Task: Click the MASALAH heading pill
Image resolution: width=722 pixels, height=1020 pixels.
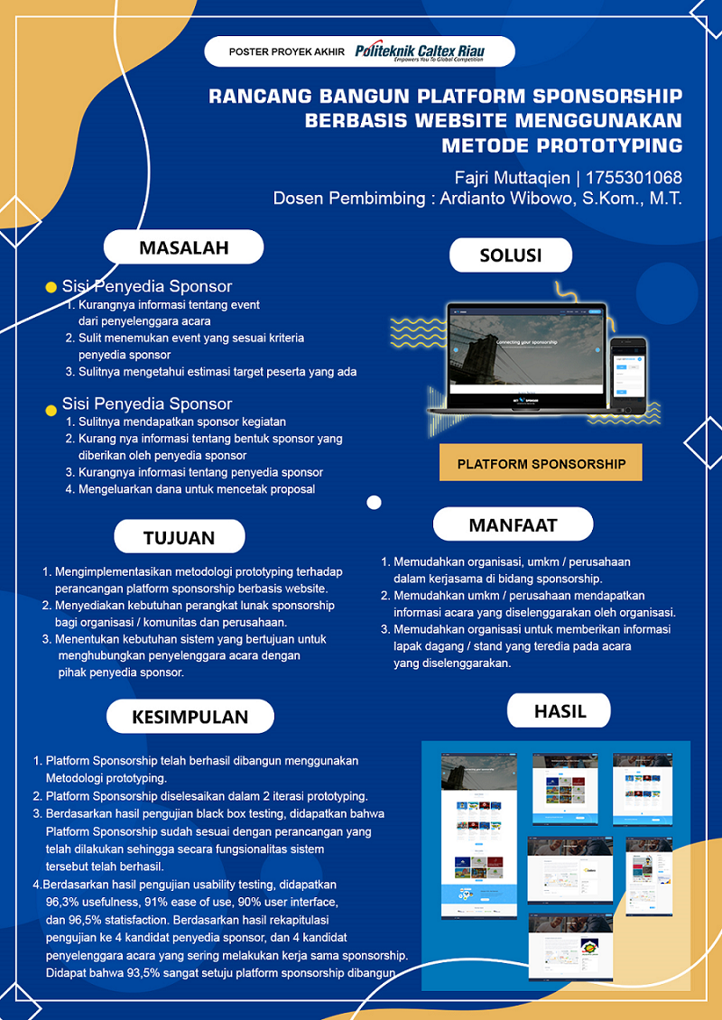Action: [183, 246]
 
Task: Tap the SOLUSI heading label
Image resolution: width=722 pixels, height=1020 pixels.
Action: [511, 255]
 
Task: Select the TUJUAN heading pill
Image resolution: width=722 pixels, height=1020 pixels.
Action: [179, 537]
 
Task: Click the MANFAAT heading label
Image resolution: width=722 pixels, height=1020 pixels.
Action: [513, 524]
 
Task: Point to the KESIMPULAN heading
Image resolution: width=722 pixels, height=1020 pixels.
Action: [190, 717]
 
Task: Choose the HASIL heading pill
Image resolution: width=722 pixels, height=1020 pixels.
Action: [560, 710]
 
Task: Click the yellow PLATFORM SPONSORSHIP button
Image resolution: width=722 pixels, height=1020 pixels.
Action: [541, 463]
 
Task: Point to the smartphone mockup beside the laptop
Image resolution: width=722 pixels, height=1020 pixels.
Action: [628, 372]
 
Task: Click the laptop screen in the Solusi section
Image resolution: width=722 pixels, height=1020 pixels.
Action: [527, 357]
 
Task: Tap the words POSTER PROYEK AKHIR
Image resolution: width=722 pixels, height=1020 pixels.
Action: [287, 52]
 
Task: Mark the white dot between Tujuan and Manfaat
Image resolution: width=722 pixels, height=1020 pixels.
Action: [374, 503]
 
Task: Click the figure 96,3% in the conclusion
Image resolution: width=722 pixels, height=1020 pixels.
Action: [63, 901]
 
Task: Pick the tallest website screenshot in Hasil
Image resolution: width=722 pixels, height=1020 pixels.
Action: [479, 835]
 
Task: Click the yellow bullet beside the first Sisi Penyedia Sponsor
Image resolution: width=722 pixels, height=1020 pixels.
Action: [51, 287]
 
